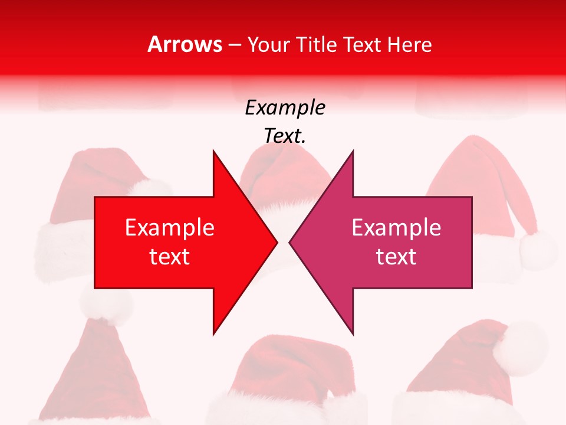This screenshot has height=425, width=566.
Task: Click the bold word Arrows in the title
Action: point(185,45)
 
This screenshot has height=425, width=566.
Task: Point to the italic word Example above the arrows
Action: point(285,108)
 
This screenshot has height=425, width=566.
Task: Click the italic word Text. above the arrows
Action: point(285,136)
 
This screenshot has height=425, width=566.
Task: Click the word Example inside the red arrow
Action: point(170,228)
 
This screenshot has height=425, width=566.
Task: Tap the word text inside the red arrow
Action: point(170,257)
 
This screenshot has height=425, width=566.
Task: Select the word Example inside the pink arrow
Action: point(396,228)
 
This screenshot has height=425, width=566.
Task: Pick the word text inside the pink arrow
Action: point(396,257)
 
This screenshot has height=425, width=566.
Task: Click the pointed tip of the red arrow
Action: point(277,242)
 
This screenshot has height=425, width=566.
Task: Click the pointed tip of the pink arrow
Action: point(290,242)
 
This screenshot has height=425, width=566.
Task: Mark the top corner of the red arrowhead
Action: point(213,151)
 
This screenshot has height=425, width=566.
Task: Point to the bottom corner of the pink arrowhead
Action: point(353,334)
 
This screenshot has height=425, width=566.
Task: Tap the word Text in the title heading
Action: point(362,45)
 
